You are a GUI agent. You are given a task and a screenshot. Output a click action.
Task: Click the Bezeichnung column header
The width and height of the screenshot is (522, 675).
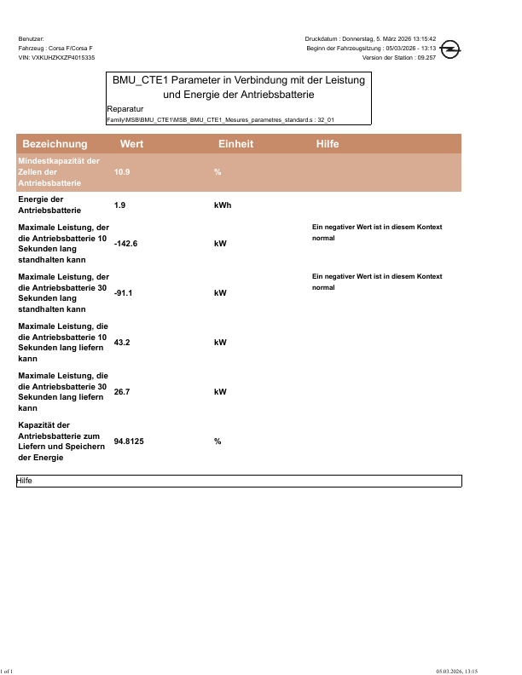click(x=55, y=144)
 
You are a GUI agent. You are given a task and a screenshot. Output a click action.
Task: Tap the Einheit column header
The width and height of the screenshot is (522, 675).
click(x=235, y=144)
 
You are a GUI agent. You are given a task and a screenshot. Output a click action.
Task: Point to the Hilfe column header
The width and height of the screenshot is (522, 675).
click(x=328, y=144)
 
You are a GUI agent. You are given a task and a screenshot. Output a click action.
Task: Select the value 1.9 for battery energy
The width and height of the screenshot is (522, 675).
click(x=119, y=205)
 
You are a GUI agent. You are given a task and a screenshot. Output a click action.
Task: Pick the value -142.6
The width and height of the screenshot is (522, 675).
click(x=125, y=244)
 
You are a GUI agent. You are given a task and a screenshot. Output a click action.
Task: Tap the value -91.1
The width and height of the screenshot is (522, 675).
click(x=124, y=293)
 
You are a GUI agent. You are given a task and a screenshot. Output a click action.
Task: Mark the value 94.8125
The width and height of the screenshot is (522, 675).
click(x=130, y=441)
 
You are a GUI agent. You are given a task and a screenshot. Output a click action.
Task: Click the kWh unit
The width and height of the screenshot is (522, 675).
click(x=223, y=205)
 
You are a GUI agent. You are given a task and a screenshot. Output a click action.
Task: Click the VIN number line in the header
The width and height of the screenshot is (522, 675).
click(x=56, y=57)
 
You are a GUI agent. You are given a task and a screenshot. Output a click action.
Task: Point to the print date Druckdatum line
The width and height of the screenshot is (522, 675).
click(x=370, y=39)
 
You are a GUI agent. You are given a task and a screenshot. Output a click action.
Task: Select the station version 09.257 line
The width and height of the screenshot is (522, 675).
click(x=399, y=57)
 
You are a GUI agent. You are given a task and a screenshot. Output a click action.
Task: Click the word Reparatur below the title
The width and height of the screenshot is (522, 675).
click(x=125, y=109)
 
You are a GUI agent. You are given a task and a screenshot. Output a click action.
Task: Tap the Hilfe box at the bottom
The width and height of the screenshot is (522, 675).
click(x=239, y=482)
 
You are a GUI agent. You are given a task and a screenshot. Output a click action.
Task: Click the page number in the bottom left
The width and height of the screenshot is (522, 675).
click(x=7, y=671)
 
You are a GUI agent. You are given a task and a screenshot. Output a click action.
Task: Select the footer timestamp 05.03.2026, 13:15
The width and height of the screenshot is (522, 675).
click(x=456, y=671)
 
